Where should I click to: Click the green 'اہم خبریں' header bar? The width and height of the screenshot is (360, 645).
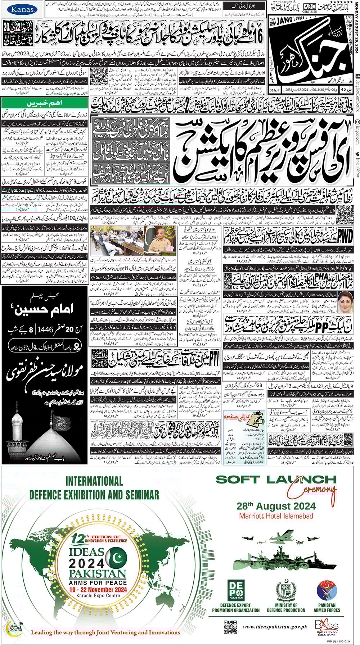point(45,103)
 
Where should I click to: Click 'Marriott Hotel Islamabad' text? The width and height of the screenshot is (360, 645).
point(276,516)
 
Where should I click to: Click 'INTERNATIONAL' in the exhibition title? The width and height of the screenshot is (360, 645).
point(94,481)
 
